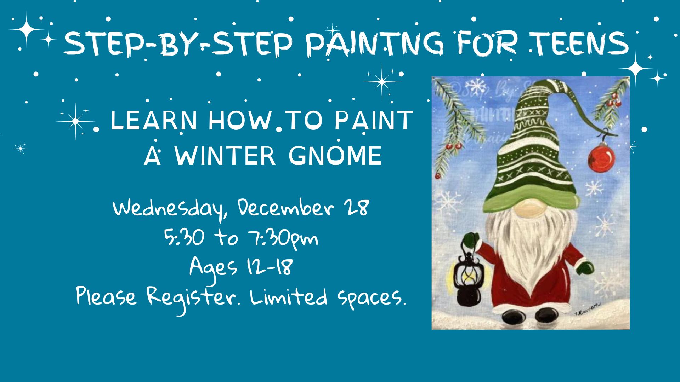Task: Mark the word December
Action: [286, 209]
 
